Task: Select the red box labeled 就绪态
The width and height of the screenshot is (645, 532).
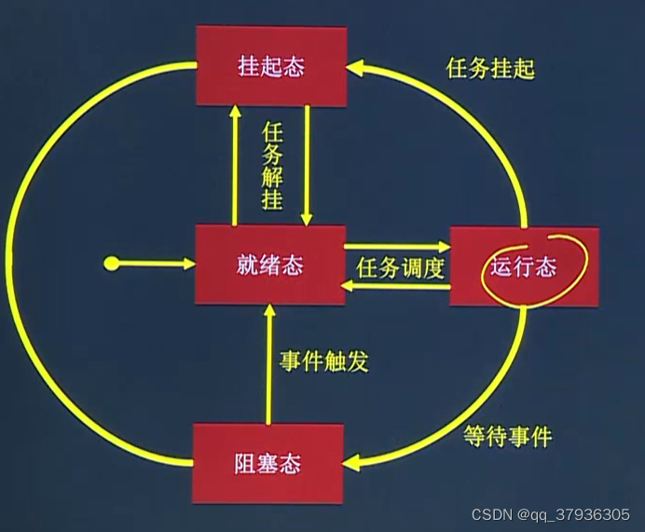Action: click(x=268, y=264)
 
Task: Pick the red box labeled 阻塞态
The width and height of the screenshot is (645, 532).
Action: click(x=268, y=463)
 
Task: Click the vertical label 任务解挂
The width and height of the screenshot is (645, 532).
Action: click(x=272, y=165)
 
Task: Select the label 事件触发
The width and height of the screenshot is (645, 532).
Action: click(x=323, y=360)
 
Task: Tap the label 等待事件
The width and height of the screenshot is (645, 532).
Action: click(x=508, y=435)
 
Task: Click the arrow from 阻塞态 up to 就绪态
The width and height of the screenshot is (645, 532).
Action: click(x=268, y=363)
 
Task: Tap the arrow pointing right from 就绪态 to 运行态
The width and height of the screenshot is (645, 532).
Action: click(x=396, y=247)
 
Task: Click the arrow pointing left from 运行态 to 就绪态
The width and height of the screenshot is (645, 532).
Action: click(x=396, y=288)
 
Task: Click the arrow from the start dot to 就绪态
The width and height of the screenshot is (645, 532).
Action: click(x=154, y=265)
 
